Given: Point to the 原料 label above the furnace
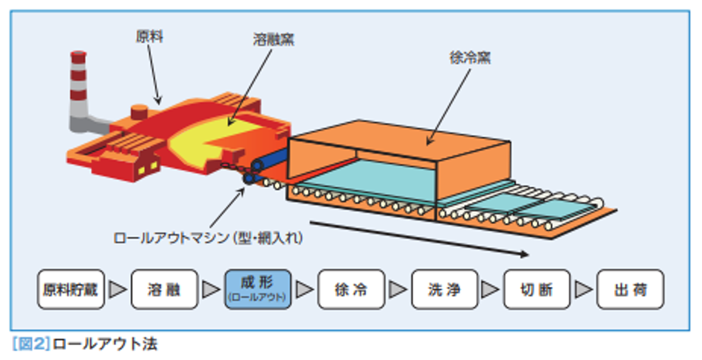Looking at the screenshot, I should click(150, 37).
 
